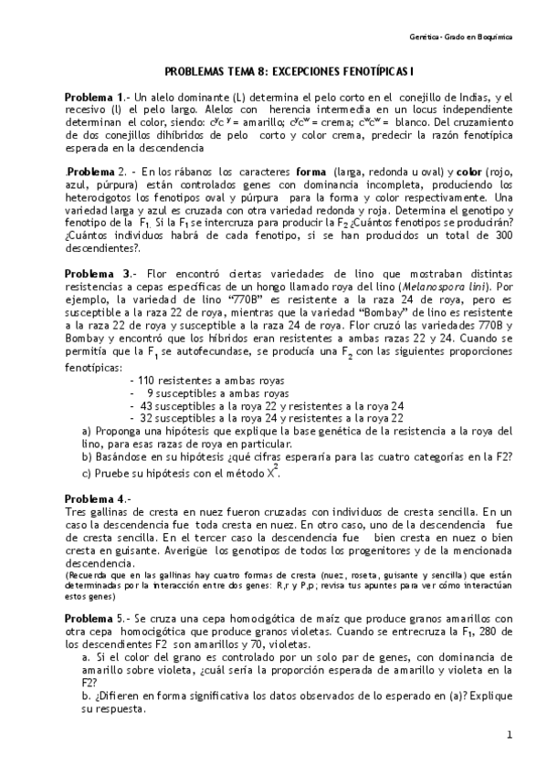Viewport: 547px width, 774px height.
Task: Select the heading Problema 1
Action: click(93, 98)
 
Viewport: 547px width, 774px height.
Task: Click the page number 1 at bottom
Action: click(509, 735)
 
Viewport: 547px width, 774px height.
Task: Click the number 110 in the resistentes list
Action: click(146, 381)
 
